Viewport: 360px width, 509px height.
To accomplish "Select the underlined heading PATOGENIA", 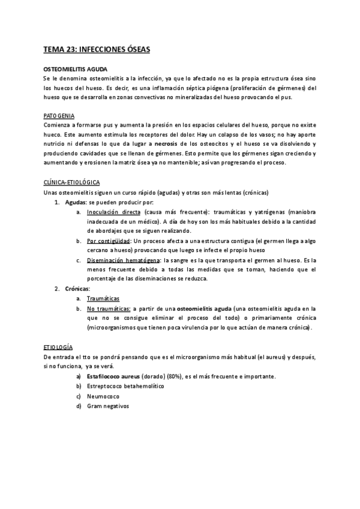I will (x=59, y=116).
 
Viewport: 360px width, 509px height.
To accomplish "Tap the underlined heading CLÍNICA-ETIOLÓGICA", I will (x=71, y=182).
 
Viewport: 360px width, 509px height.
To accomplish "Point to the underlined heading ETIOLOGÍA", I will (x=59, y=347).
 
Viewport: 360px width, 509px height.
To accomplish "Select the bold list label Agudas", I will (x=76, y=202).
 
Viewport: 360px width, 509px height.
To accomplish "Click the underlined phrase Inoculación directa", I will (x=113, y=212).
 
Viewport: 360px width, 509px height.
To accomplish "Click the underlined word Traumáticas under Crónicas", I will (x=103, y=298).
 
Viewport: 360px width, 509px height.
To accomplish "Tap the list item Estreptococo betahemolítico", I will (x=125, y=386).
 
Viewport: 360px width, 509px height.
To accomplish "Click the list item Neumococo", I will (x=103, y=396).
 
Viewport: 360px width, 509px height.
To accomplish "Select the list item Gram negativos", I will (x=107, y=406).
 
